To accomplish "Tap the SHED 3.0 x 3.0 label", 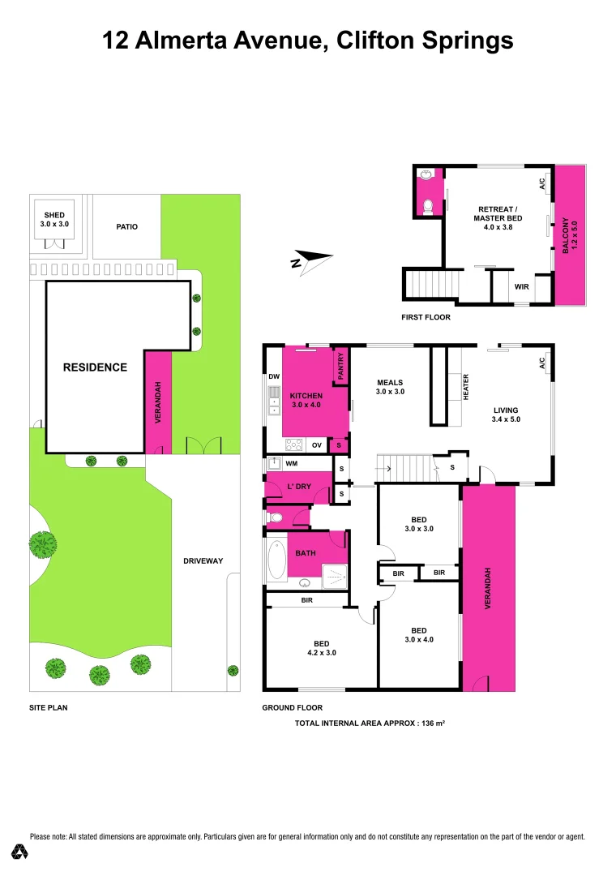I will (x=54, y=218).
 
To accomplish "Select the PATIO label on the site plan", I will (x=126, y=226).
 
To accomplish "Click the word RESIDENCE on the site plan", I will (x=95, y=367).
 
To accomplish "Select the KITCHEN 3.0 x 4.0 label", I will (x=306, y=400).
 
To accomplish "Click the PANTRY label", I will (x=341, y=366).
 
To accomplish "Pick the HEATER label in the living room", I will (x=466, y=386).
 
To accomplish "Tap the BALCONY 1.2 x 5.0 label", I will (x=571, y=234).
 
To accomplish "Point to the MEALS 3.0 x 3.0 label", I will (x=390, y=387).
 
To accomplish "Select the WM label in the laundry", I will (x=291, y=464).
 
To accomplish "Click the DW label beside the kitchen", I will (x=273, y=376).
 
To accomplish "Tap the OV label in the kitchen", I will (x=318, y=444).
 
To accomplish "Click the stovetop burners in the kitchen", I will (x=293, y=444).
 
